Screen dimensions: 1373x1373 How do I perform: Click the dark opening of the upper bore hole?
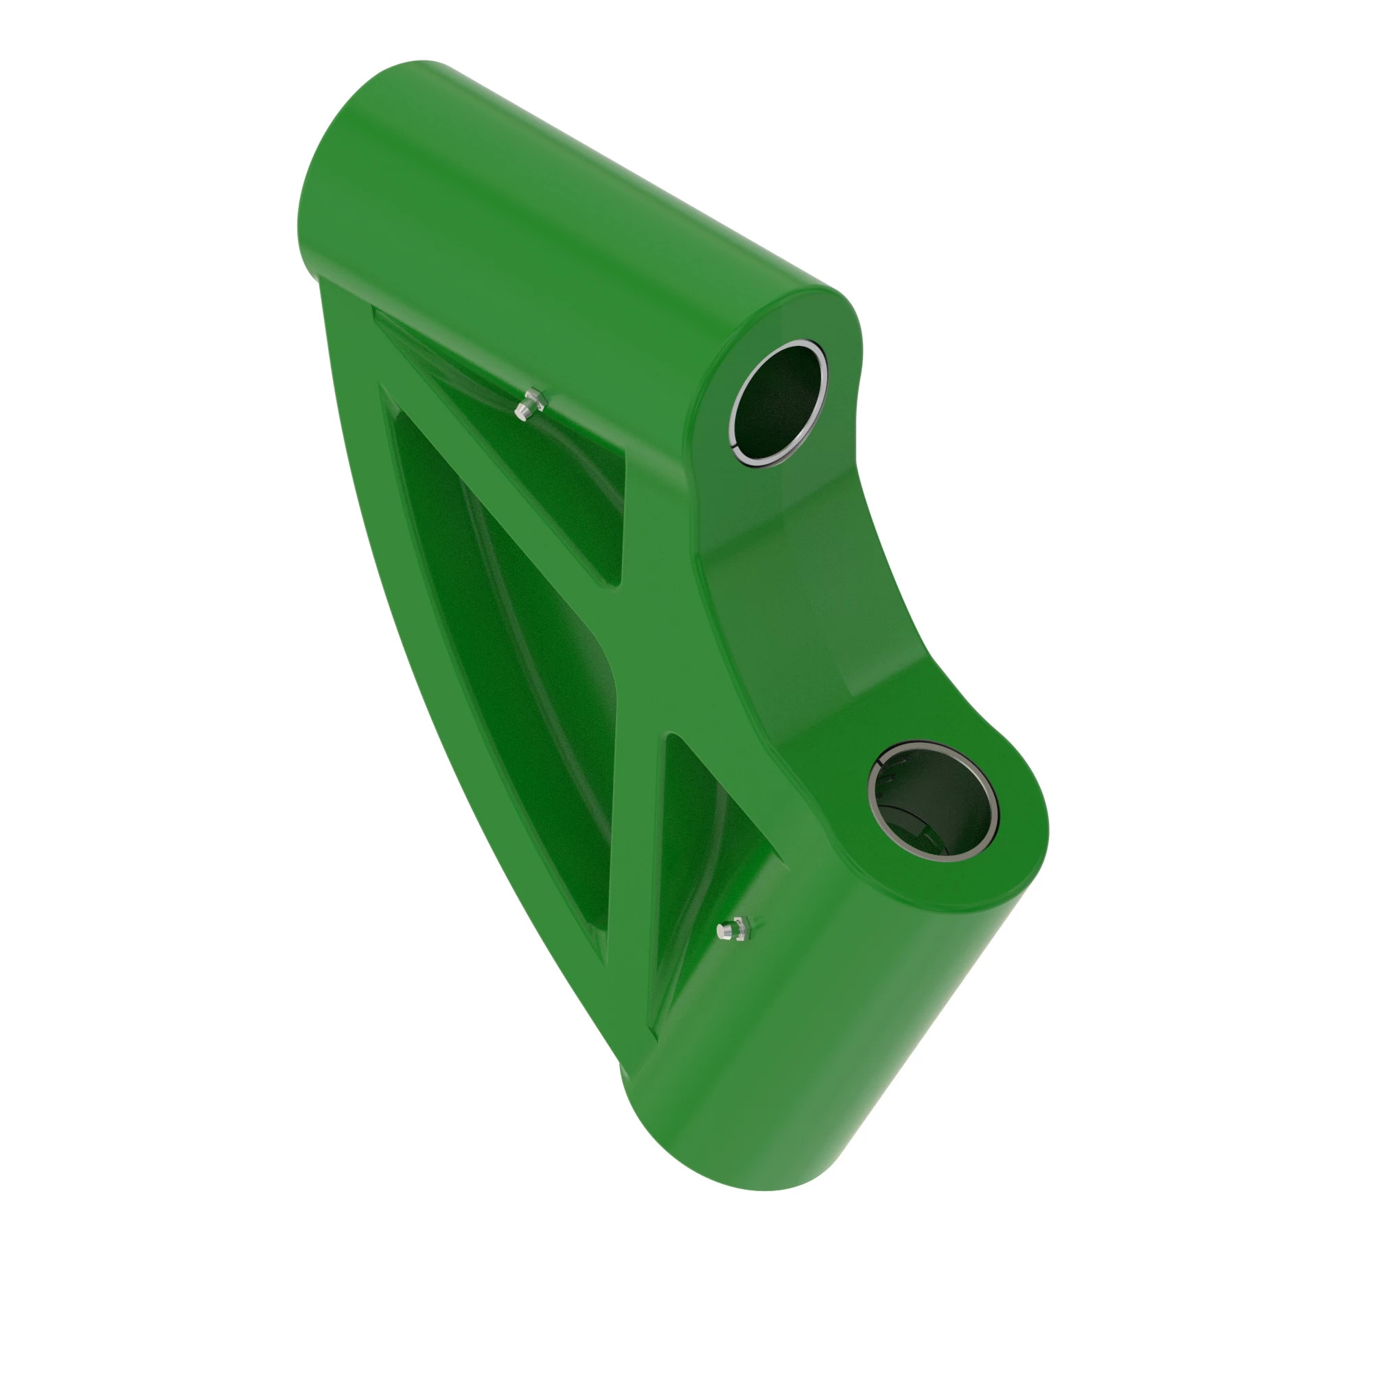(778, 404)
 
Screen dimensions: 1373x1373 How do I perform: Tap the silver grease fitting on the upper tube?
(529, 405)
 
